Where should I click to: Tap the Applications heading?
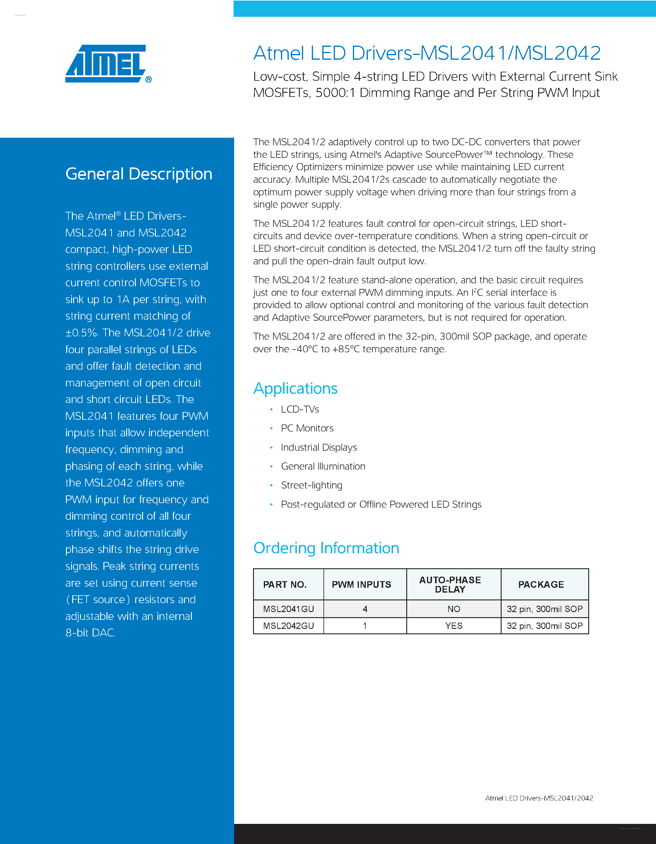coord(295,388)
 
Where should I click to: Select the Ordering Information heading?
coord(326,548)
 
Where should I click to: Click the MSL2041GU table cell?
coord(288,609)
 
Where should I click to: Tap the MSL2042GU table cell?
coord(288,626)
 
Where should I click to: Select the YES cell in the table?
coord(454,626)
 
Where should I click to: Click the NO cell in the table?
coord(454,609)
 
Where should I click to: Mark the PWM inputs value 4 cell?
coord(365,609)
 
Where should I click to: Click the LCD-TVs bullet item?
coord(300,409)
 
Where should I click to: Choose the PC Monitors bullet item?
coord(307,428)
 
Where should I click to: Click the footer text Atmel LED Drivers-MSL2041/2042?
coord(539,798)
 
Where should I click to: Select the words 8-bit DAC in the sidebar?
coord(90,632)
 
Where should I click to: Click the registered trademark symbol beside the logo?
coord(148,80)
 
